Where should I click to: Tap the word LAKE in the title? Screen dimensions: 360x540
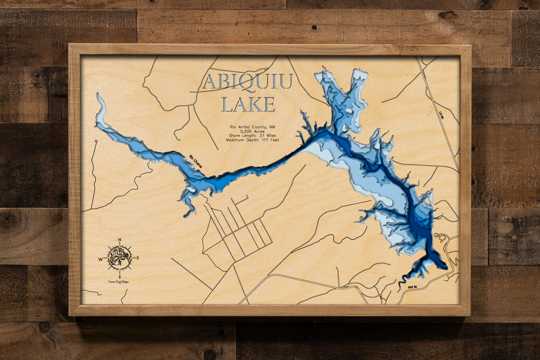(x=248, y=104)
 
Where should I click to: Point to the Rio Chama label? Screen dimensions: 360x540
(x=196, y=162)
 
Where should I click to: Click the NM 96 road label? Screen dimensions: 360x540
(x=413, y=287)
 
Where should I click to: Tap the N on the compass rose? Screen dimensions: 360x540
(x=120, y=239)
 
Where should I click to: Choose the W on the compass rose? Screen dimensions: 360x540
(x=101, y=258)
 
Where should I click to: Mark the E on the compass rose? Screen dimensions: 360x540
(x=138, y=258)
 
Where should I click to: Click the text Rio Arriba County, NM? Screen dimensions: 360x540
(x=252, y=127)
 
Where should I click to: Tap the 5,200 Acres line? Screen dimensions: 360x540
(x=252, y=131)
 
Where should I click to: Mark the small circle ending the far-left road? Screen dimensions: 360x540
(x=96, y=141)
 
